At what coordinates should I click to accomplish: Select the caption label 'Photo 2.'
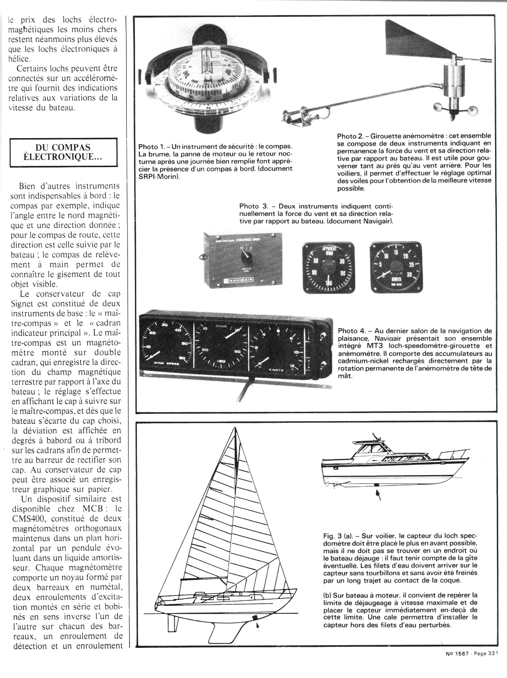[x=349, y=136]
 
